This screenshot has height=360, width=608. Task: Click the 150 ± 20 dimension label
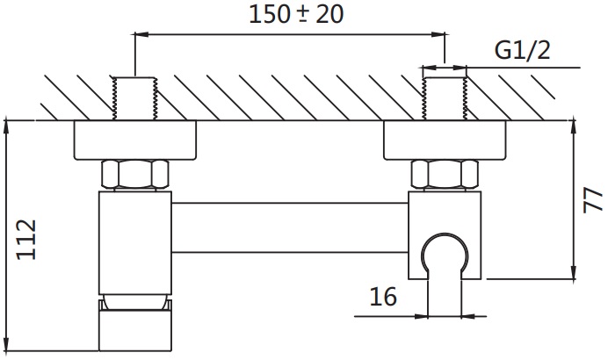point(296,15)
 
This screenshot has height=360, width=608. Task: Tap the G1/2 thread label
point(522,50)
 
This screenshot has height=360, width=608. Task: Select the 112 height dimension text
point(26,240)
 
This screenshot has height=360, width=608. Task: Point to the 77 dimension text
point(593,200)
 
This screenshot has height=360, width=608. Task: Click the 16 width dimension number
point(383,297)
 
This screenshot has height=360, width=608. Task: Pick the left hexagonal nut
point(135,174)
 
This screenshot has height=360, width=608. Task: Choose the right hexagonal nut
point(445,174)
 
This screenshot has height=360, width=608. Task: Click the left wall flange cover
point(135,140)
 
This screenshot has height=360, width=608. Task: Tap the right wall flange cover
point(445,140)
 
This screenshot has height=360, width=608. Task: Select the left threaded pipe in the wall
point(135,98)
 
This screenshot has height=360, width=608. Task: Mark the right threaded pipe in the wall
point(445,98)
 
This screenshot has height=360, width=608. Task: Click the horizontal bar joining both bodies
point(290,227)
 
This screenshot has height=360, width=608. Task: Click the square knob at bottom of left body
point(135,330)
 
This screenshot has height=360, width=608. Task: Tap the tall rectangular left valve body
point(135,242)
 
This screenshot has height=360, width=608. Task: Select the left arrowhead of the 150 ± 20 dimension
point(141,35)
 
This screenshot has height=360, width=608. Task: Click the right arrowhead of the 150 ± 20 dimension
point(438,35)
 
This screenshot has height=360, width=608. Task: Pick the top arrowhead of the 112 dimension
point(6,128)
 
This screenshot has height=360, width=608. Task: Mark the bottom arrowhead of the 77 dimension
point(573,271)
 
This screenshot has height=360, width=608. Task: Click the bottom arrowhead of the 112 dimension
point(6,343)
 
